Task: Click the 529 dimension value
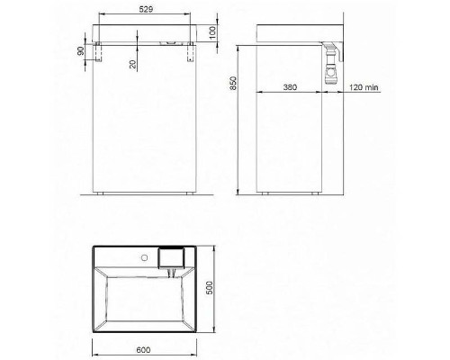146,9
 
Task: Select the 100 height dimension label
212,32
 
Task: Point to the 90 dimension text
81,51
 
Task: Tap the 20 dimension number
133,64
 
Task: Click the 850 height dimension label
233,83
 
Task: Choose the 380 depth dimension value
290,87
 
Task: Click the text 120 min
364,87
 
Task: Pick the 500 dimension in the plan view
210,288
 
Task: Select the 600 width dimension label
143,350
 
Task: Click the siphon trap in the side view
331,63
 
